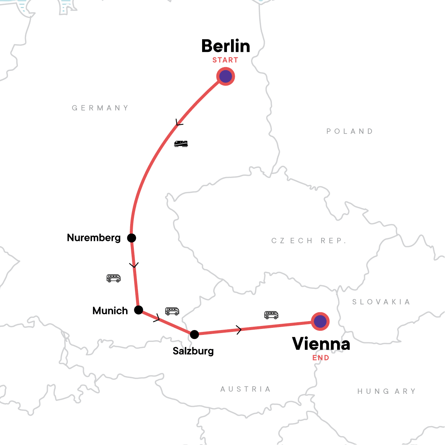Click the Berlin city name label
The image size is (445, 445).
225,46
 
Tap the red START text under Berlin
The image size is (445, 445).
225,60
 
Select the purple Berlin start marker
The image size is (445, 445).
225,76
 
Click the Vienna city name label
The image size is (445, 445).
321,344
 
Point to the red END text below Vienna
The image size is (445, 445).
321,358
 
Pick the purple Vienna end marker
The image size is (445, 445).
320,321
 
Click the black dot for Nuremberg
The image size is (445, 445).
132,238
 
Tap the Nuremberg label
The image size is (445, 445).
94,238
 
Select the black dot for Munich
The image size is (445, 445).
139,310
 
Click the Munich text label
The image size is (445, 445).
110,311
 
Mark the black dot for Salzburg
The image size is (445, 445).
194,334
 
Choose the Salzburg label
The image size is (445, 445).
193,351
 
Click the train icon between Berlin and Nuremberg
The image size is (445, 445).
181,144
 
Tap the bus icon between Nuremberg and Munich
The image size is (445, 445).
113,278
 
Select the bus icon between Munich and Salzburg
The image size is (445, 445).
172,311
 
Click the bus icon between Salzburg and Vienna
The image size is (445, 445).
271,315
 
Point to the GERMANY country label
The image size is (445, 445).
100,108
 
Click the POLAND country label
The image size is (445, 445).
350,131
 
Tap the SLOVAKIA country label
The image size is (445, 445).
381,302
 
